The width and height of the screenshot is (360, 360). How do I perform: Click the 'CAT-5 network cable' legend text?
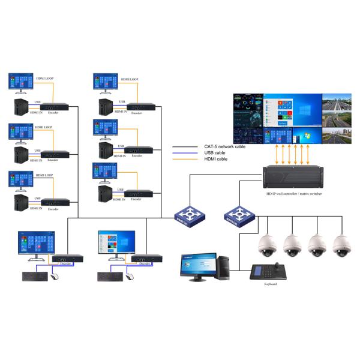pos(223,146)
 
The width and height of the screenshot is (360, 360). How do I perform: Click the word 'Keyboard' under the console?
pos(270,284)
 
